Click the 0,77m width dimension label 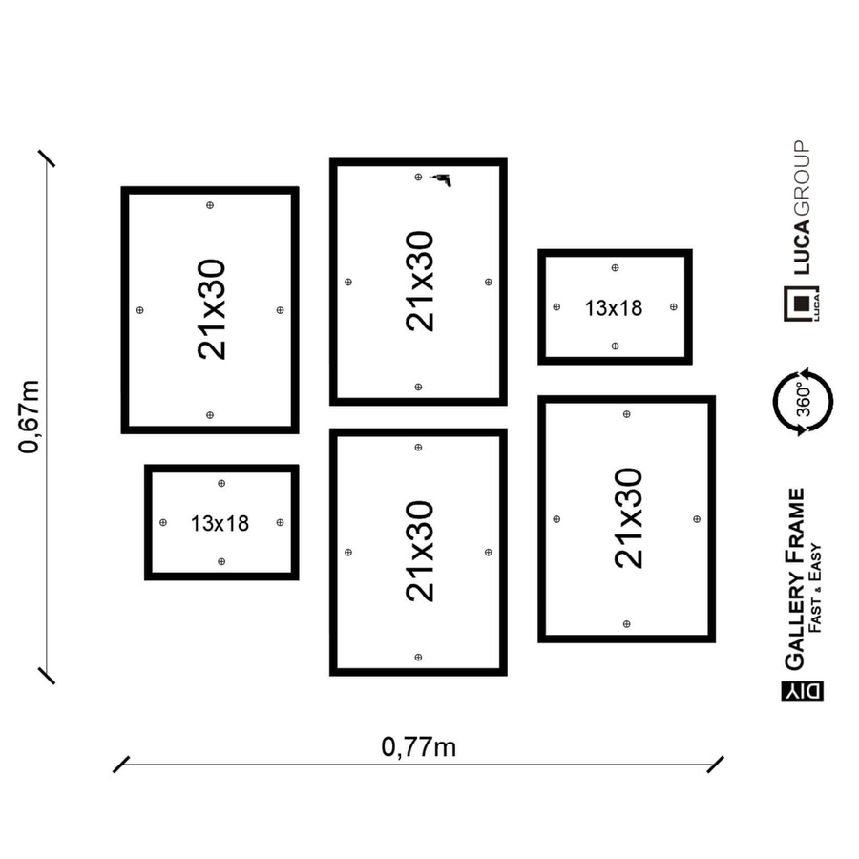click(419, 747)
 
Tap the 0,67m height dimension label click(29, 417)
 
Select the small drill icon click(442, 179)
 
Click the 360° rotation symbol click(803, 402)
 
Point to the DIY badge click(802, 691)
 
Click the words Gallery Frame click(795, 579)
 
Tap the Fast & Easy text click(815, 588)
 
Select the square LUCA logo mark click(802, 303)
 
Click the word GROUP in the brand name click(802, 178)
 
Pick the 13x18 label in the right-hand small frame click(614, 308)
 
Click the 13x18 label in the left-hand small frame click(220, 524)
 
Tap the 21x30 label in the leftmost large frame click(212, 309)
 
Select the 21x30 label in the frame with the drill click(420, 281)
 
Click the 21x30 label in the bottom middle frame click(420, 552)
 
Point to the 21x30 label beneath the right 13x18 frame click(628, 518)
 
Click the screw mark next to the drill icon click(418, 177)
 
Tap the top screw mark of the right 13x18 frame click(615, 268)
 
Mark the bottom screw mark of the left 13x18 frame click(221, 561)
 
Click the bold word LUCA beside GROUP click(802, 246)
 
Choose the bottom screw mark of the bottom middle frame click(418, 657)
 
